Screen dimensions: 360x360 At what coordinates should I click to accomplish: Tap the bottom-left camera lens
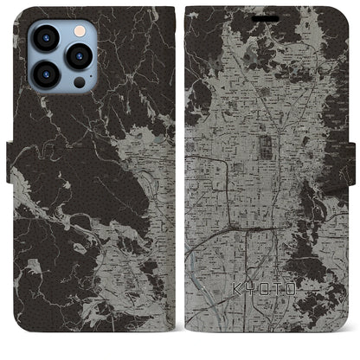tap(45, 74)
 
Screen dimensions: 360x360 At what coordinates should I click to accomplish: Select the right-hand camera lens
tap(80, 55)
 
